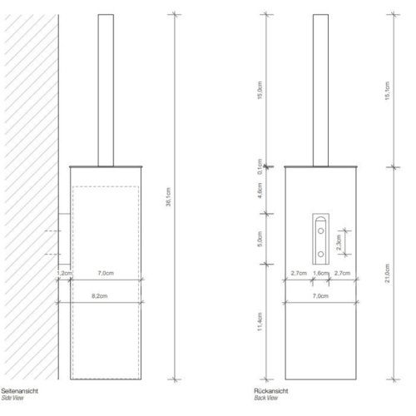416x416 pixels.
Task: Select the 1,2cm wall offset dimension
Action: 64,272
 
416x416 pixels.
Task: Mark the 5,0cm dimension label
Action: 260,239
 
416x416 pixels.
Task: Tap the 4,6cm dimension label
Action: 260,191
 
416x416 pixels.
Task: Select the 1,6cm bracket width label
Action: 319,272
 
